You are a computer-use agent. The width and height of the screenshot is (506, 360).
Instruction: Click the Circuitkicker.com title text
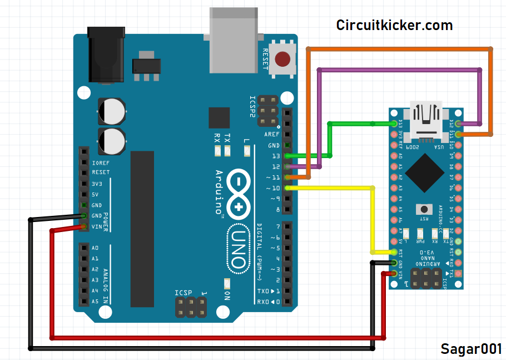point(394,25)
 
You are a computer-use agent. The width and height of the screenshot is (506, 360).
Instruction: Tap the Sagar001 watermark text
point(471,349)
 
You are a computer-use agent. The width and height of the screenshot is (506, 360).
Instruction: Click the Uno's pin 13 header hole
point(287,156)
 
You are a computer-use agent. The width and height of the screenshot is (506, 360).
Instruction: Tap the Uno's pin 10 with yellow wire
point(287,188)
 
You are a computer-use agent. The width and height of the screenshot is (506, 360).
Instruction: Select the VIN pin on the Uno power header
point(83,226)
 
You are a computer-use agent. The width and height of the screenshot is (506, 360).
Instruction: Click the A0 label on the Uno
point(95,248)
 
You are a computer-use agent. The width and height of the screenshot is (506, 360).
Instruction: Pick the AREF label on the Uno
point(272,135)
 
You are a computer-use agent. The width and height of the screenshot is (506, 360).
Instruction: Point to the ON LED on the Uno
point(226,283)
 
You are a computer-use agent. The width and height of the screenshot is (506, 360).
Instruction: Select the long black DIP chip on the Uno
point(142,228)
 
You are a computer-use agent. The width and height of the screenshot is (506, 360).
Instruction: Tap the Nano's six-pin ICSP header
point(426,278)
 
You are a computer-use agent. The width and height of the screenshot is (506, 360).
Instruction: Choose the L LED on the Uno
point(247,151)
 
